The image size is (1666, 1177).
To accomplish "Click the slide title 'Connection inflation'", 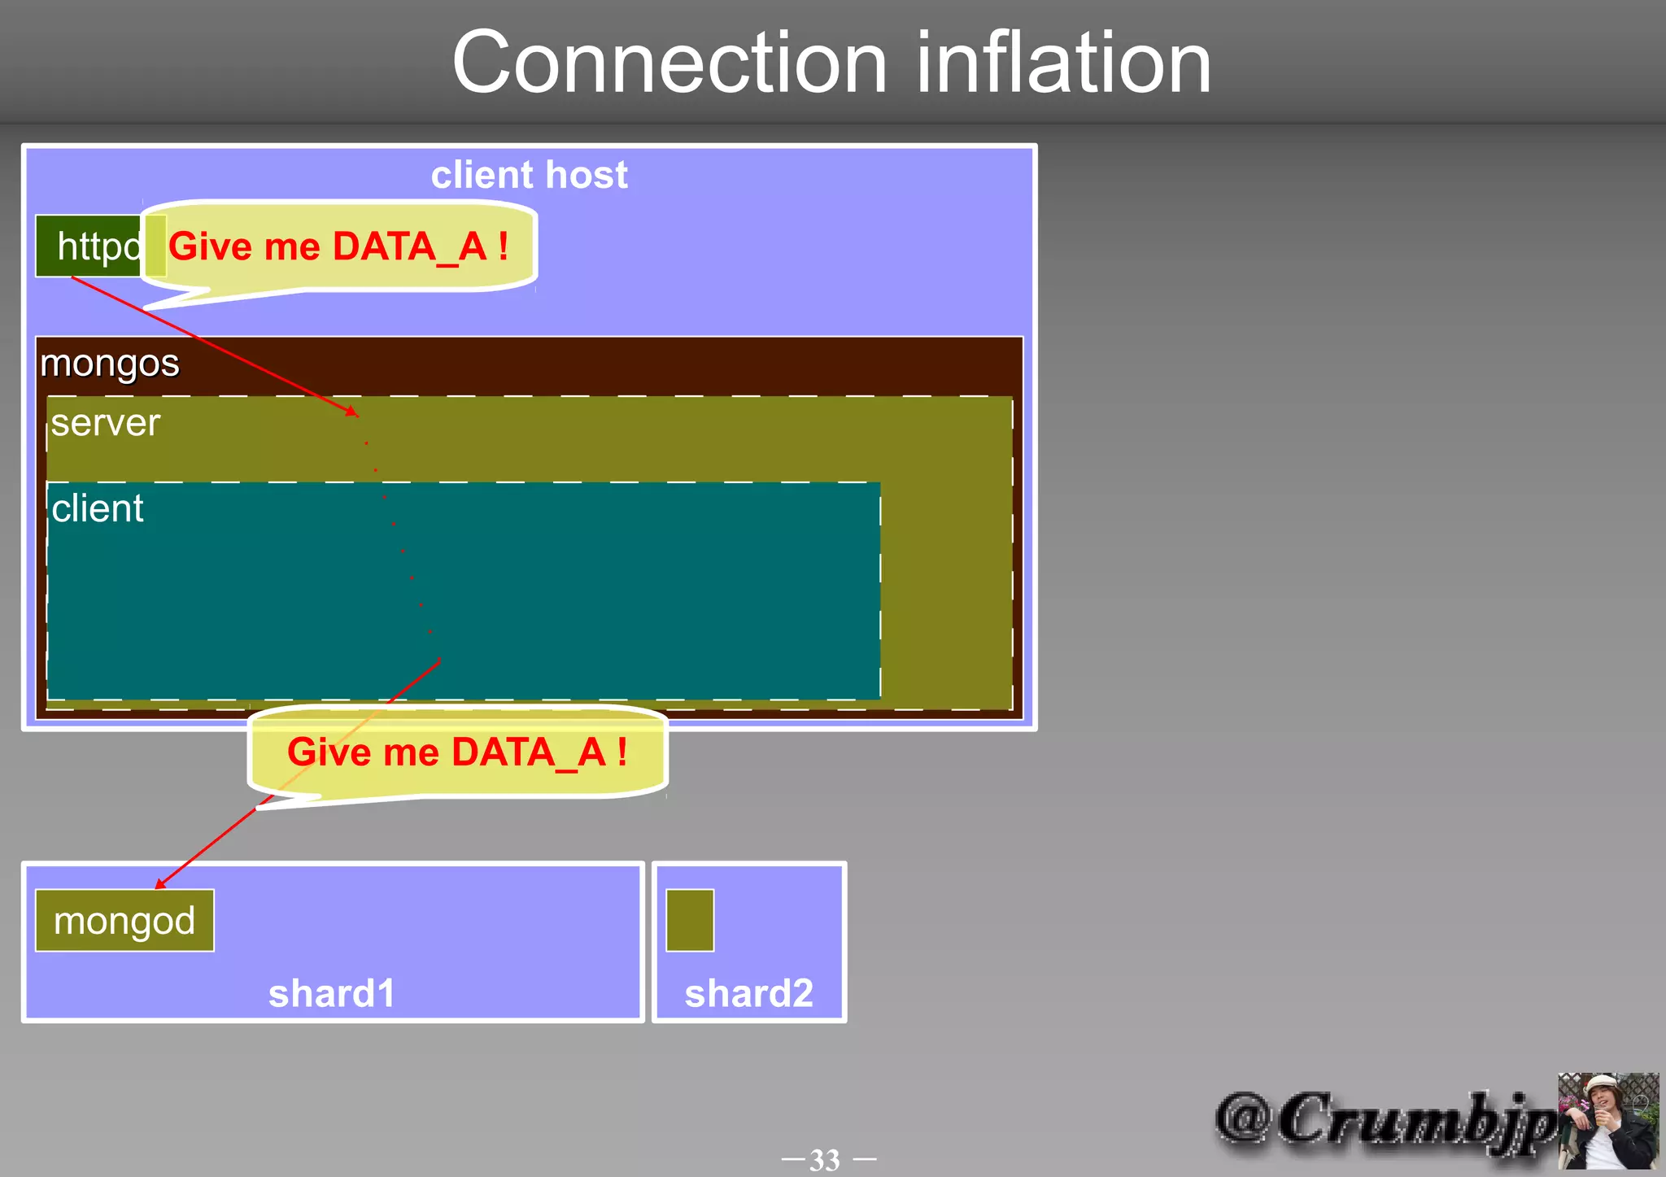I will (831, 63).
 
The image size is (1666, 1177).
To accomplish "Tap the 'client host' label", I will (529, 175).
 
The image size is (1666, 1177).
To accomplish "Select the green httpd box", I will (89, 246).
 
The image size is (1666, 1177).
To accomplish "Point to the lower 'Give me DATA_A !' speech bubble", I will (457, 752).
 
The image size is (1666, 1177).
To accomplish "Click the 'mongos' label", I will (110, 363).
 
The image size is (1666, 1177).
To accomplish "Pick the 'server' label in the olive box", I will (106, 423).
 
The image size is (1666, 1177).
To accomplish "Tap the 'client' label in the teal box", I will (98, 509).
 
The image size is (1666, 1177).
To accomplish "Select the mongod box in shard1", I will (124, 921).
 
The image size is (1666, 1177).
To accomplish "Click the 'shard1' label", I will (332, 993).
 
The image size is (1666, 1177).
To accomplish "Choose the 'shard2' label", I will (748, 993).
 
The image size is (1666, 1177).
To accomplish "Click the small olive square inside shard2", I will (690, 920).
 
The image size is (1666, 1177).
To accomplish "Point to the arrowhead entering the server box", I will (352, 411).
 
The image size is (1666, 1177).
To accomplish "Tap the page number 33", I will (825, 1159).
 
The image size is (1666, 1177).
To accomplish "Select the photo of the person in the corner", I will (1607, 1120).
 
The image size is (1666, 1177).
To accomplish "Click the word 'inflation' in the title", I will (1064, 63).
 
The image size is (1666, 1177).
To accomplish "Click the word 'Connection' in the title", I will (669, 63).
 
